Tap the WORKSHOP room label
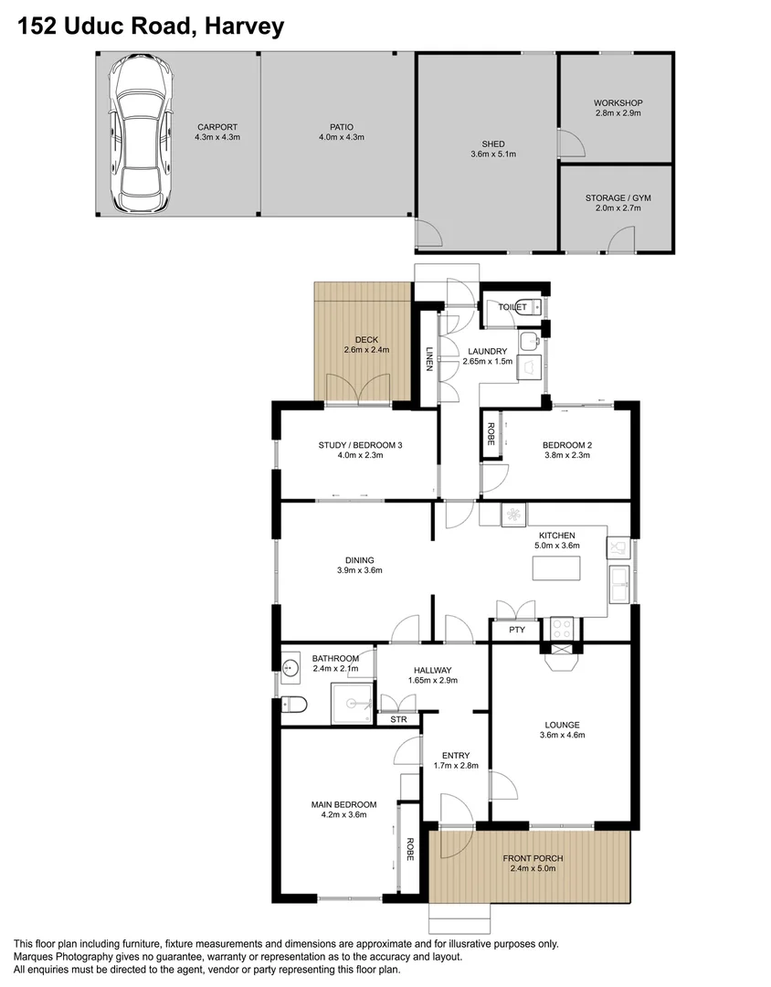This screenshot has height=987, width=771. (618, 102)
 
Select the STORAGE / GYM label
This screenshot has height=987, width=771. (618, 197)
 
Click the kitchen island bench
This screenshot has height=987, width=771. (556, 568)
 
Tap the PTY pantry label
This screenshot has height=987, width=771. (517, 630)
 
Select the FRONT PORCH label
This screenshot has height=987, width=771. (533, 858)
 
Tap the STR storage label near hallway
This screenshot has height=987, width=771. (398, 719)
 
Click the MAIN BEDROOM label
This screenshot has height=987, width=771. (339, 804)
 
